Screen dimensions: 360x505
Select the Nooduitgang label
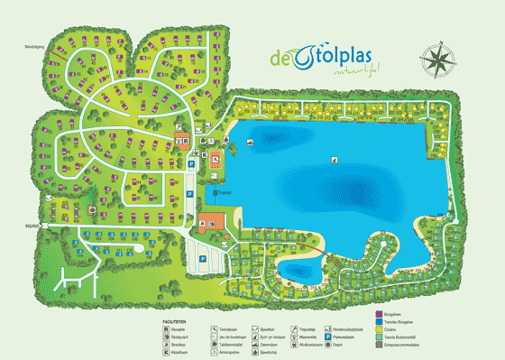pyautogui.click(x=35, y=45)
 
